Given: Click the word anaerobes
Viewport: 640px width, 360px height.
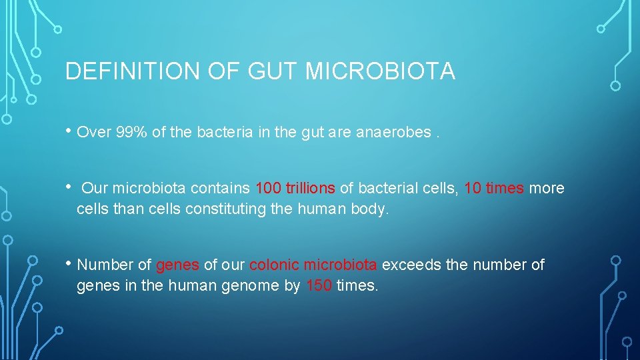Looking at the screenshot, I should coord(394,132).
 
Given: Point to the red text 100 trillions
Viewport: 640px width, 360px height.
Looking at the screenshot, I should coord(295,189).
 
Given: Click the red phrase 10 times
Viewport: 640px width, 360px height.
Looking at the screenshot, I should coord(493,189).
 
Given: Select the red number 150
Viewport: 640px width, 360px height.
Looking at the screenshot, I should coord(319,287).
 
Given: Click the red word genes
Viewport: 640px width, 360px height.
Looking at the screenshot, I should coord(177,265).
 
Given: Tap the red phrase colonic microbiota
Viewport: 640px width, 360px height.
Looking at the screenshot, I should coord(313,265).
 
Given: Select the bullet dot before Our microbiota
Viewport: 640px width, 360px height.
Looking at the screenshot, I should coord(69,186).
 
